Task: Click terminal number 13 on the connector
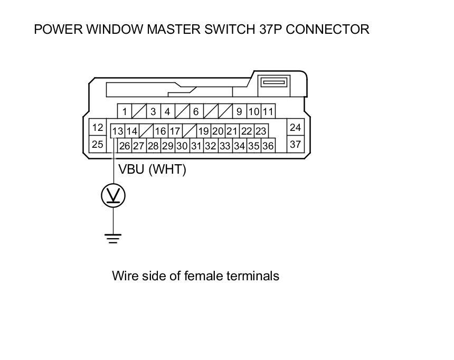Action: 118,131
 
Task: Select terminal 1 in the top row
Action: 125,111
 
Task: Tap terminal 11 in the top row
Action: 268,111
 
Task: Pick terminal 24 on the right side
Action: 296,127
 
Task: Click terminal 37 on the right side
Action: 296,144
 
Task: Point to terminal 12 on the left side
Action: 98,127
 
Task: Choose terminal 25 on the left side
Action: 98,144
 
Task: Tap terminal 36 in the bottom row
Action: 268,146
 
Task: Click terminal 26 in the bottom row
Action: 125,146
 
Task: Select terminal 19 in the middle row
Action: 204,131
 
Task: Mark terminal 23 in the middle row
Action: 261,131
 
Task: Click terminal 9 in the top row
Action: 239,111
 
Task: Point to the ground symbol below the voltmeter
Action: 113,238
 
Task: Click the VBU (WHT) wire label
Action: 152,169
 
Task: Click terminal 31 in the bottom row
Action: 196,146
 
